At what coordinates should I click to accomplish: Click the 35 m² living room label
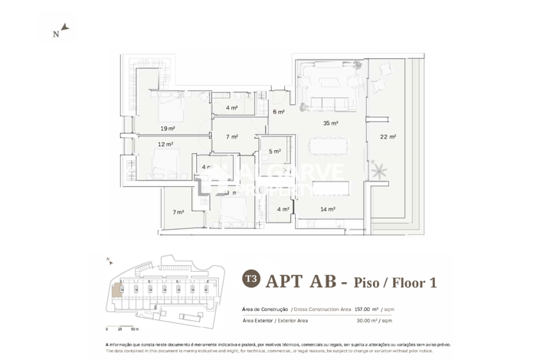(x=330, y=123)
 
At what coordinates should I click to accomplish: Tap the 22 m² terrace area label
(x=388, y=137)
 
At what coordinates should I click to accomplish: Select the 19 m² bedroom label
(x=168, y=128)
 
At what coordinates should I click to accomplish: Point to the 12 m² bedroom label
(x=165, y=144)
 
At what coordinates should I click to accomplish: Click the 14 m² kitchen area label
(x=327, y=209)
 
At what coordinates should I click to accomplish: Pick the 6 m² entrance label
(x=280, y=112)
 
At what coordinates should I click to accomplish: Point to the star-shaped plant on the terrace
(x=377, y=170)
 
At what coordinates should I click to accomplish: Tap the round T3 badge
(x=250, y=280)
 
